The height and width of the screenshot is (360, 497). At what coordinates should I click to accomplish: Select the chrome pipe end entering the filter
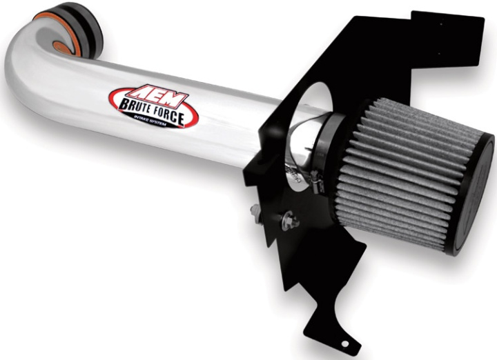pos(304,145)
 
